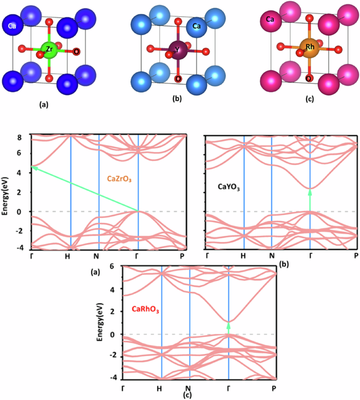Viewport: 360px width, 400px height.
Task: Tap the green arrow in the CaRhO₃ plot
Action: click(229, 328)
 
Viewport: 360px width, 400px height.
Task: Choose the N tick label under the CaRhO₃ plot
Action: click(190, 388)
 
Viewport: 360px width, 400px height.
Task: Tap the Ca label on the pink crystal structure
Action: click(270, 19)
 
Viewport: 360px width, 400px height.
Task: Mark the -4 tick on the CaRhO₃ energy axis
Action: click(110, 378)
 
